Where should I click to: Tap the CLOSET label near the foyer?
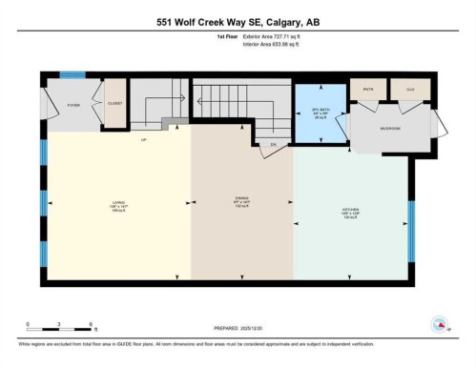pyautogui.click(x=114, y=103)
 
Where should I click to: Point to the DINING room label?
pyautogui.click(x=241, y=201)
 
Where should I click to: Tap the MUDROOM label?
pyautogui.click(x=390, y=128)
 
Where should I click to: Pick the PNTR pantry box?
pyautogui.click(x=368, y=91)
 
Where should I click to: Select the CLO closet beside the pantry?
pyautogui.click(x=410, y=91)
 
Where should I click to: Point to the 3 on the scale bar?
pyautogui.click(x=59, y=325)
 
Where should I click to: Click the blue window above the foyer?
pyautogui.click(x=72, y=74)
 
